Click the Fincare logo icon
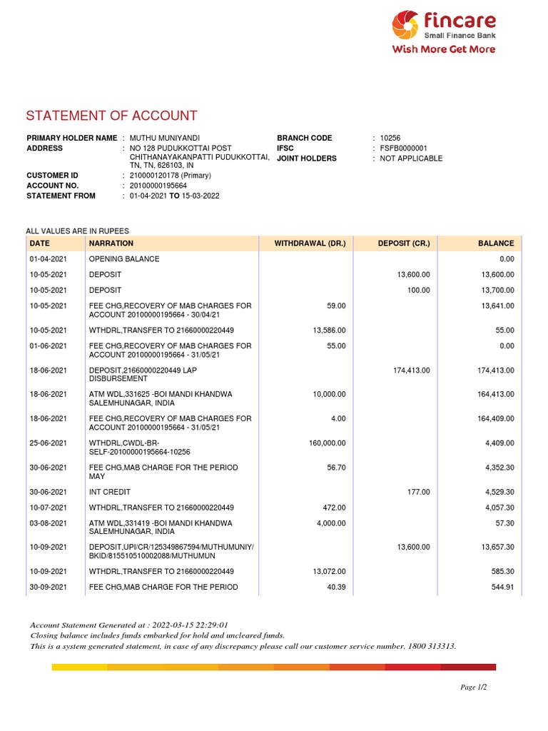pyautogui.click(x=407, y=25)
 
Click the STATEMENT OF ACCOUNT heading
pyautogui.click(x=111, y=116)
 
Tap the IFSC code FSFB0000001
pyautogui.click(x=404, y=148)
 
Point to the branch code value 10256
pyautogui.click(x=391, y=138)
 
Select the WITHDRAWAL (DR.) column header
pyautogui.click(x=310, y=243)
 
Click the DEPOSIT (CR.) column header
pyautogui.click(x=404, y=243)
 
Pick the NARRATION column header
pyautogui.click(x=111, y=243)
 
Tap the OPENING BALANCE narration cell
pyautogui.click(x=124, y=258)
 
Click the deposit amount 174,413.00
pyautogui.click(x=412, y=370)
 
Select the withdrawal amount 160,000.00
pyautogui.click(x=328, y=443)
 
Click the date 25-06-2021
pyautogui.click(x=48, y=443)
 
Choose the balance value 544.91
pyautogui.click(x=500, y=588)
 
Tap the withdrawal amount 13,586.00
pyautogui.click(x=330, y=331)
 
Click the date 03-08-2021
pyautogui.click(x=48, y=523)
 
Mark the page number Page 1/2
pyautogui.click(x=474, y=687)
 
